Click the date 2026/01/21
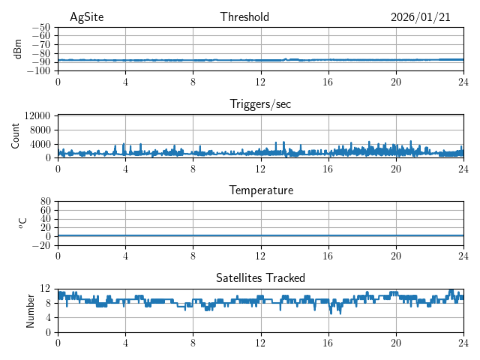(420, 17)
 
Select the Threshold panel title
(244, 17)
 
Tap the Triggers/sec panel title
(260, 104)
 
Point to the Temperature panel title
(260, 190)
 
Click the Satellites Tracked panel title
(260, 277)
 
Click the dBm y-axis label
(18, 49)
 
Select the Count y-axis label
(15, 136)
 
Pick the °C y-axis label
(22, 223)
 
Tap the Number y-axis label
(30, 310)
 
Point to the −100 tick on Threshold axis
(40, 71)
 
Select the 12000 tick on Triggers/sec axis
(37, 116)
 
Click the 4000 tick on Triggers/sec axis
(40, 144)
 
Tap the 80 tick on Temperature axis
(46, 202)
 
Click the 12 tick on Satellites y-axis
(46, 289)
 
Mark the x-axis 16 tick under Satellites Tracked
(328, 342)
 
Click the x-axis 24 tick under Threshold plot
(463, 81)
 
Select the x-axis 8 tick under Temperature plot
(193, 255)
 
